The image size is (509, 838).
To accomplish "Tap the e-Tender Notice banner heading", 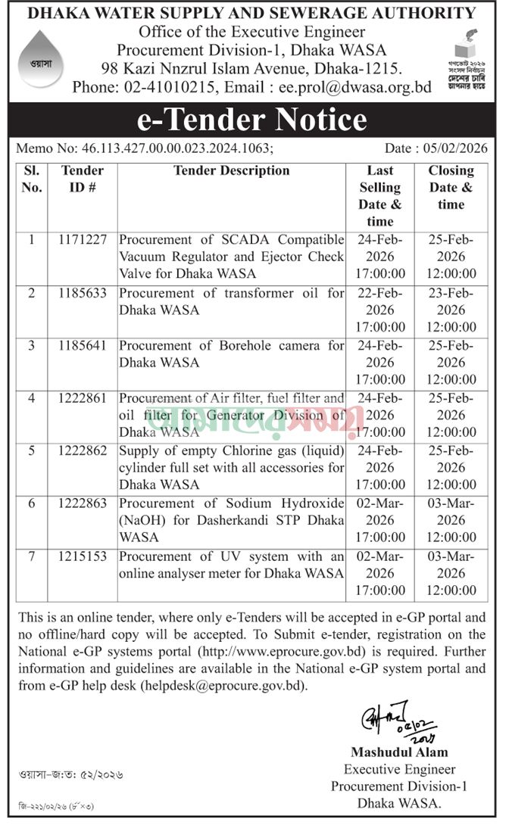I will (254, 120).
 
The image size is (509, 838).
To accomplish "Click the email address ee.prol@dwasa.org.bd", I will (355, 87).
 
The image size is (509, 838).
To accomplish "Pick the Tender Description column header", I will (231, 171).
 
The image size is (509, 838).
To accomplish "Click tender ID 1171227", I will (83, 240).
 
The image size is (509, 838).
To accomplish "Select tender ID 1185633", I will (83, 293).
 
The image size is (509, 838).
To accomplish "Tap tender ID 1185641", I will (83, 346).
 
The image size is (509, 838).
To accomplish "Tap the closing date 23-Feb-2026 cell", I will (451, 310).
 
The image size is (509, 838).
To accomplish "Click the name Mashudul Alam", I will (398, 752).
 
